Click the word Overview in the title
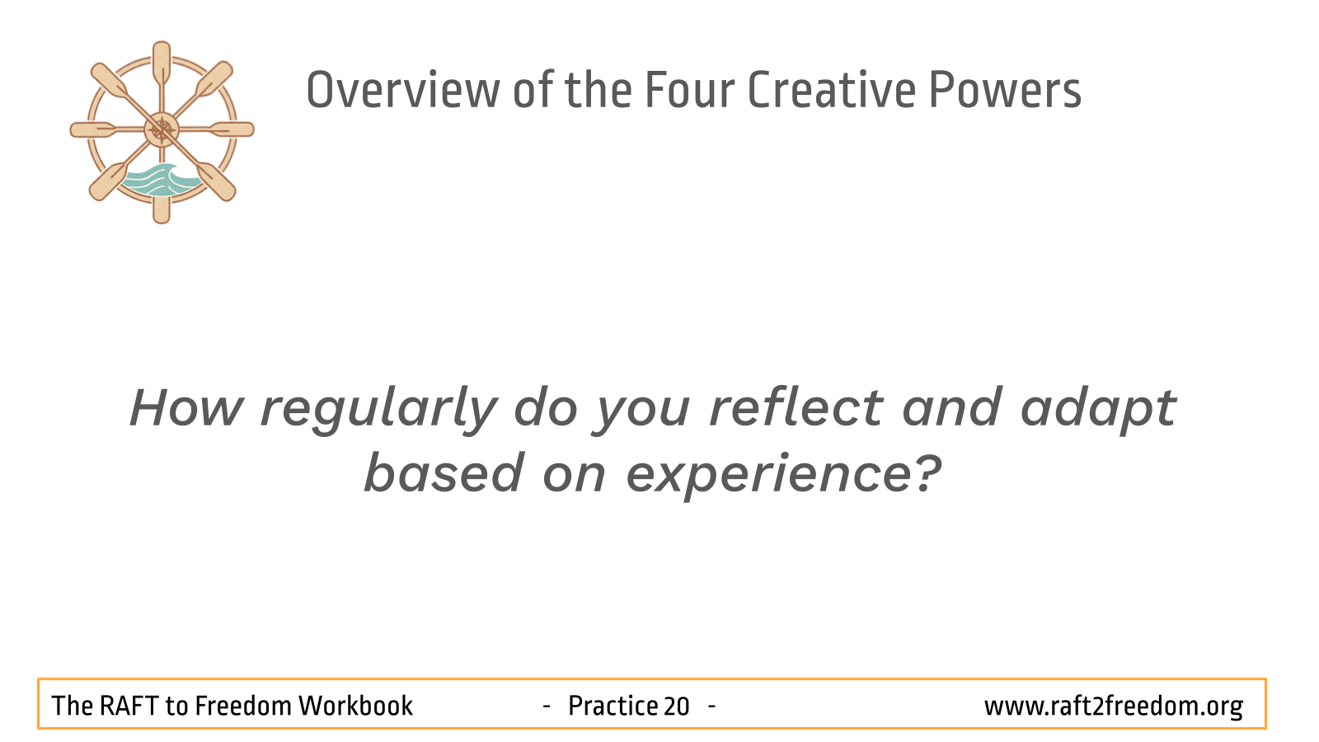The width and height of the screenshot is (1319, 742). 403,90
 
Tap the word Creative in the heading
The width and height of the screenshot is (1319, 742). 832,90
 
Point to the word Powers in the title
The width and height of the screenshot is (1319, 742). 1005,90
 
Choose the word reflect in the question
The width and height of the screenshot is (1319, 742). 796,407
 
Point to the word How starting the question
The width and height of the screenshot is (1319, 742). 186,407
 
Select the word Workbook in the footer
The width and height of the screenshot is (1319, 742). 355,706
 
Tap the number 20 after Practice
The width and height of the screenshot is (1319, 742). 676,706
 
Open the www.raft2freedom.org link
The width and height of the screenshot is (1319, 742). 1114,707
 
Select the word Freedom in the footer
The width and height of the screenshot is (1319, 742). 243,706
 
